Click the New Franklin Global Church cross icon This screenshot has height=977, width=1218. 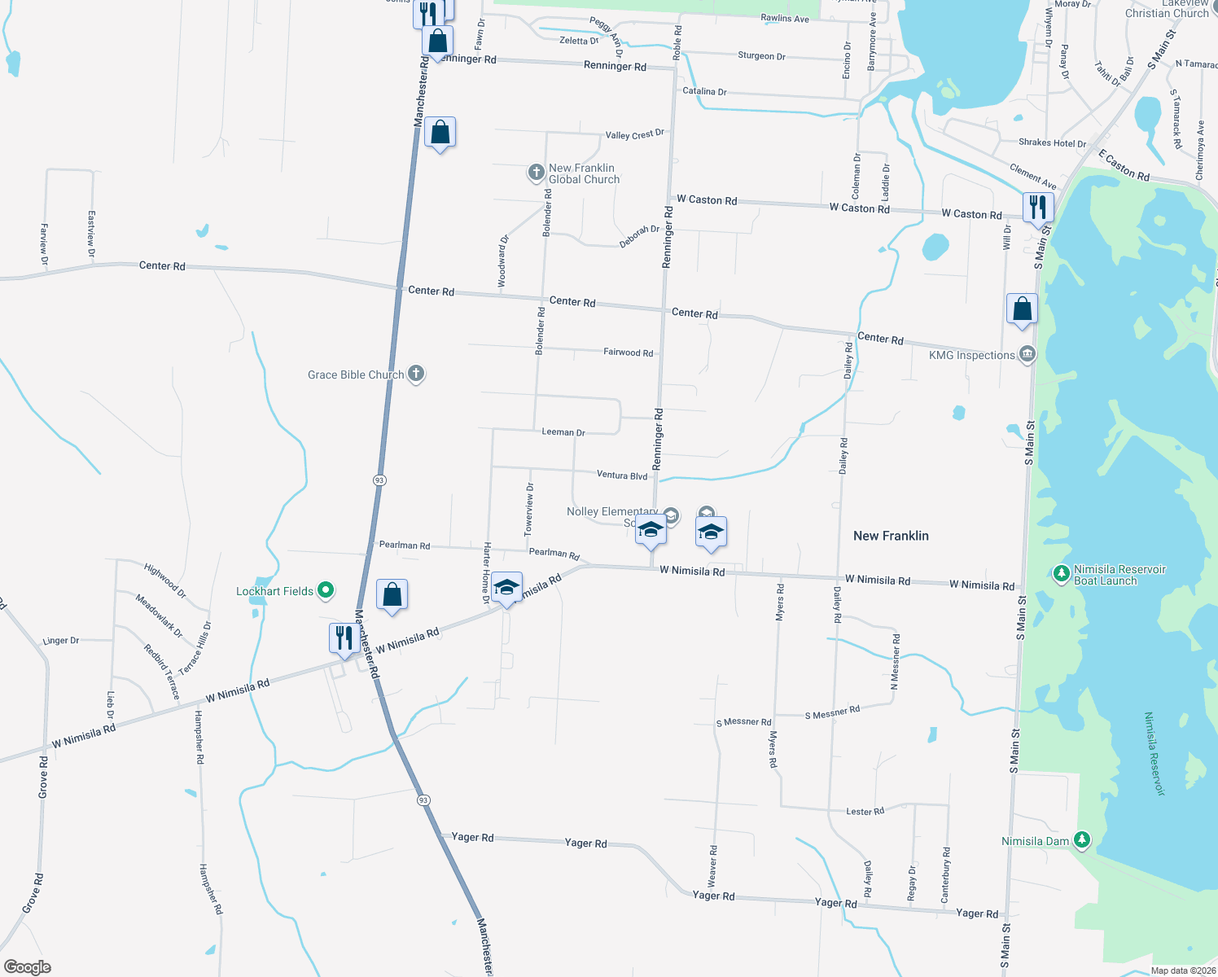(536, 172)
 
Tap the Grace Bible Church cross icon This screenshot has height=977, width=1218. (416, 375)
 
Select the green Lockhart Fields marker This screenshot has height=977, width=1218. (326, 590)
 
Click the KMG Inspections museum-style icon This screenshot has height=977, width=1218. (1027, 355)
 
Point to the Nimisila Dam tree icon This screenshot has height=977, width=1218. (1081, 839)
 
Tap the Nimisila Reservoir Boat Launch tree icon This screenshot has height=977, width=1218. (1061, 574)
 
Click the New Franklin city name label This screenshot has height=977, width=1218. (891, 536)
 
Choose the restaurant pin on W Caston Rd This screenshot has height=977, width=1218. (1037, 207)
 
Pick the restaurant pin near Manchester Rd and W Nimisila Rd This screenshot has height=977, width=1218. (344, 637)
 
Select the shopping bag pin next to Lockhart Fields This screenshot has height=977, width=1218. (392, 595)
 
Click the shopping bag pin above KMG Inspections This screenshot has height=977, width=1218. (1022, 309)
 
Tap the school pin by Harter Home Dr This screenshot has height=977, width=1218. (506, 587)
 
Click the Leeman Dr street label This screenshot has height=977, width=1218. (563, 432)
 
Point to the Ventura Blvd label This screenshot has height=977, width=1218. (622, 475)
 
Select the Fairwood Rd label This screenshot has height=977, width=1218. (628, 353)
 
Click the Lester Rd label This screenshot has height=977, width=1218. (865, 812)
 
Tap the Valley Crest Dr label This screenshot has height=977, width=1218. (634, 134)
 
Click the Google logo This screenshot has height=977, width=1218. (28, 966)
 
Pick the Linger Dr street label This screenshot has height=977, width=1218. (61, 641)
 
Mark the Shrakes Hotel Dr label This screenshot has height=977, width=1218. (1052, 143)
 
